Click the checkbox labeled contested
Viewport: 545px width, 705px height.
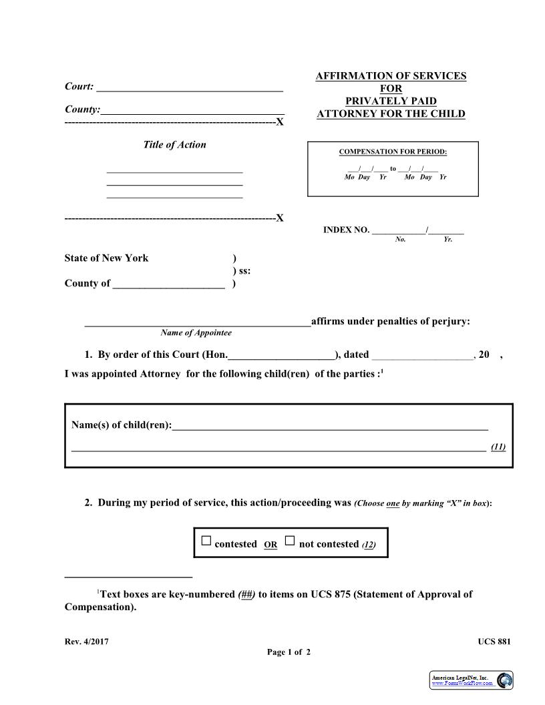[x=206, y=541]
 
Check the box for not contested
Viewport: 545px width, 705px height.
[x=290, y=541]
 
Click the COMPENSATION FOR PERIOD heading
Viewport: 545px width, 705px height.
[x=393, y=152]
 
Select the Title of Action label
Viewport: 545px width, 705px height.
[x=174, y=145]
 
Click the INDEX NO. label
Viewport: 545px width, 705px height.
[x=346, y=230]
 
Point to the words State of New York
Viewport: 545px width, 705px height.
[x=106, y=258]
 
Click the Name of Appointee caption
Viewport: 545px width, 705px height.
[x=196, y=333]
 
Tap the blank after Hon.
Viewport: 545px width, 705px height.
[x=281, y=355]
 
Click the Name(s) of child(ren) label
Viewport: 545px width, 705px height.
[x=122, y=425]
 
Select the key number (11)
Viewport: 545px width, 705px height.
[x=498, y=447]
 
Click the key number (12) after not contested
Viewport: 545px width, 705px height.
[x=369, y=545]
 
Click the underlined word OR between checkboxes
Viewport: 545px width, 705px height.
[x=270, y=545]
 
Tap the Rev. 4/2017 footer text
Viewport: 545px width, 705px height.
[x=86, y=642]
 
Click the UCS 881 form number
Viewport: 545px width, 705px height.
[x=494, y=642]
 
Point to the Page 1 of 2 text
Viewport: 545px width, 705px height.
[x=289, y=652]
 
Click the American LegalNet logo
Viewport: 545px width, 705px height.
[x=472, y=680]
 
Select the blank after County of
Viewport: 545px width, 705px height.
[x=168, y=283]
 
